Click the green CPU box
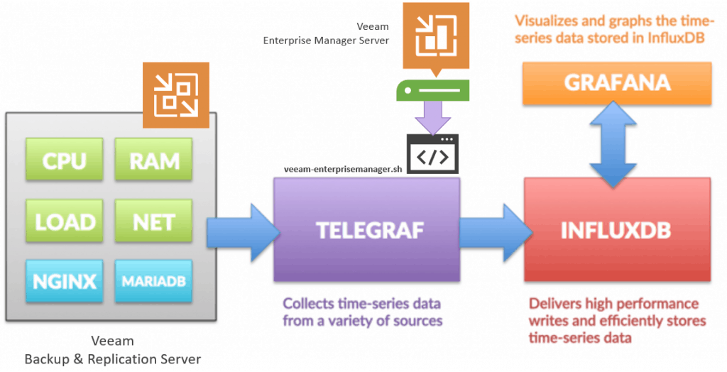tap(65, 159)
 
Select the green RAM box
tap(153, 159)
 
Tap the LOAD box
tap(65, 221)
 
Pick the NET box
tap(153, 221)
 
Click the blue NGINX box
tap(65, 281)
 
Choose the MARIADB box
tap(153, 281)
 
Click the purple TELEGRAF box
tap(367, 229)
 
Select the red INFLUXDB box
tap(617, 229)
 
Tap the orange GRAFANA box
tap(617, 84)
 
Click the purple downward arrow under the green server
tap(432, 119)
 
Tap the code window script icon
tap(432, 154)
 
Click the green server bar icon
tap(432, 89)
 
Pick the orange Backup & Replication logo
tap(176, 95)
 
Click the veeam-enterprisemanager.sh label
tap(343, 169)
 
